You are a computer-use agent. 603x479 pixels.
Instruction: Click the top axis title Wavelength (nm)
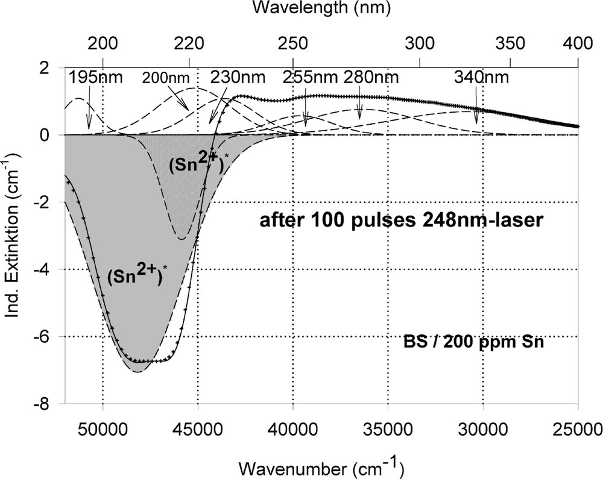321,8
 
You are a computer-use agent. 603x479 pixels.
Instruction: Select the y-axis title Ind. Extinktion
13,235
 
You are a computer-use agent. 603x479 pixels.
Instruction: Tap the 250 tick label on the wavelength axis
292,44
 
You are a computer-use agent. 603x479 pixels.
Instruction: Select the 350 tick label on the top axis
510,44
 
